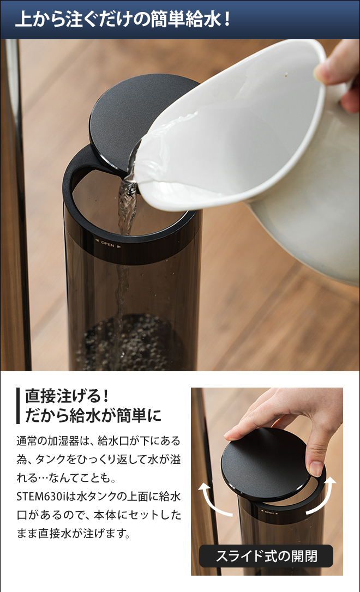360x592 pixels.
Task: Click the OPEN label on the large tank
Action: coord(107,245)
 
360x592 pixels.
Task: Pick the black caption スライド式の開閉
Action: coord(266,556)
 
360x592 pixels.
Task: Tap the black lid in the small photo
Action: coord(267,464)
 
